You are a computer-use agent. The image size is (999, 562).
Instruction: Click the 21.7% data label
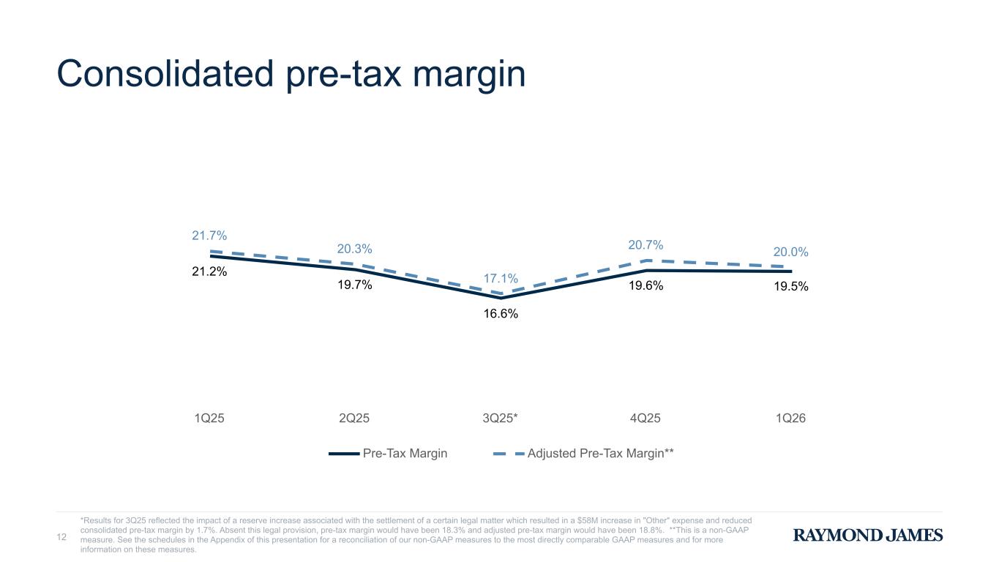(x=209, y=236)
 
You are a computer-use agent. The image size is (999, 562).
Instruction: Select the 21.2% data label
(x=209, y=271)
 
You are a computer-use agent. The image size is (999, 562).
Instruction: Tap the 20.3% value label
(x=354, y=249)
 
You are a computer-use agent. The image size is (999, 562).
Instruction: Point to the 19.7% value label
(x=354, y=285)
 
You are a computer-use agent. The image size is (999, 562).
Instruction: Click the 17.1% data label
(x=501, y=279)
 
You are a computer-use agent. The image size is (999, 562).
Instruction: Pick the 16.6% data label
(x=501, y=314)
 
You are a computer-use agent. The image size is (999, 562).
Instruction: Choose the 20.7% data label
(x=646, y=244)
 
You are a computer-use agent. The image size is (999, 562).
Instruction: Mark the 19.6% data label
(x=646, y=286)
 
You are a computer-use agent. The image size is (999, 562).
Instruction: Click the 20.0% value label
(x=791, y=252)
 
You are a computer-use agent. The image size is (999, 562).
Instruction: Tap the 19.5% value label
(x=791, y=287)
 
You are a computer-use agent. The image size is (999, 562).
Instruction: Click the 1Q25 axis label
(x=209, y=419)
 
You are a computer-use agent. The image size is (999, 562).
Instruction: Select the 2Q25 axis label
(x=354, y=419)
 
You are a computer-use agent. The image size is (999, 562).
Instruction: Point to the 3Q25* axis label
(x=501, y=419)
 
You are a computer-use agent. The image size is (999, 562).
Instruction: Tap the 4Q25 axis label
(x=646, y=419)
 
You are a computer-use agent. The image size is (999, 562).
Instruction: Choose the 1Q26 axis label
(x=791, y=419)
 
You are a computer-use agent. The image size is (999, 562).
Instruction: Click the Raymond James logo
(x=868, y=536)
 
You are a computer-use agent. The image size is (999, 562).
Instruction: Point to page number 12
(x=62, y=538)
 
